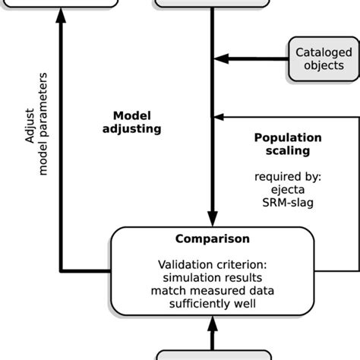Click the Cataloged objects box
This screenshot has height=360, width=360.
pos(324,58)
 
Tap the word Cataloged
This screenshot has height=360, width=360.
pos(324,52)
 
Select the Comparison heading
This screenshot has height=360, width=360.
pos(212,238)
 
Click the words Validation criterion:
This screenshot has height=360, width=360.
pos(212,264)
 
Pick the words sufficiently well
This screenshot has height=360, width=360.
pos(212,303)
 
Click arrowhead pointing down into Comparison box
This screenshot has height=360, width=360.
pos(212,216)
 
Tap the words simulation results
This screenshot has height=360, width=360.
pos(212,277)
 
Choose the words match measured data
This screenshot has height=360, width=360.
pos(212,290)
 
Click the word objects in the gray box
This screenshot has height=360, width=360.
pos(324,65)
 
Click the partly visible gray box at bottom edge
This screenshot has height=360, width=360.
pos(212,355)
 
